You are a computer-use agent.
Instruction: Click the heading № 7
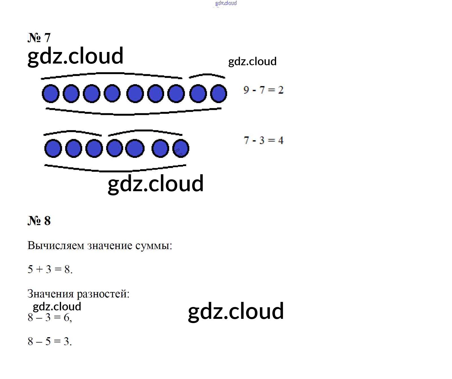pos(39,38)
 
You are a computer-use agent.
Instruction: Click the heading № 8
pos(39,221)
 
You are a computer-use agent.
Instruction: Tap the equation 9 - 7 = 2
pos(263,90)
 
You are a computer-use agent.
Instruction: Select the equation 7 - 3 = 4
pos(263,140)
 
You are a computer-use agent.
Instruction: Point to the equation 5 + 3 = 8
pos(50,269)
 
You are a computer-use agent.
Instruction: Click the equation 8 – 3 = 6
pos(50,317)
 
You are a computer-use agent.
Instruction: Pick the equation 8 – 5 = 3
pos(50,341)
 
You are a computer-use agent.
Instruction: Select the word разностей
pos(103,294)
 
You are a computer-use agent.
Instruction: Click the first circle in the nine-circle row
pos(51,93)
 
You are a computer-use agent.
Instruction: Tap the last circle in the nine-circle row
pos(219,93)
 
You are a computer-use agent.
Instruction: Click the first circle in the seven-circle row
pos(53,148)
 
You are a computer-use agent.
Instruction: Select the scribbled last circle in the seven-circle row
pos(181,148)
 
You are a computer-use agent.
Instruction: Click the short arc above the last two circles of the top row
pos(207,75)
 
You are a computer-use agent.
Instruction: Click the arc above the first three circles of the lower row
pos(72,132)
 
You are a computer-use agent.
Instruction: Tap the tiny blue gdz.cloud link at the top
pos(226,3)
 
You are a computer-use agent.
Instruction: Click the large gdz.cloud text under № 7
pos(75,56)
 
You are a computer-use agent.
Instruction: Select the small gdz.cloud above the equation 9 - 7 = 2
pos(252,62)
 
